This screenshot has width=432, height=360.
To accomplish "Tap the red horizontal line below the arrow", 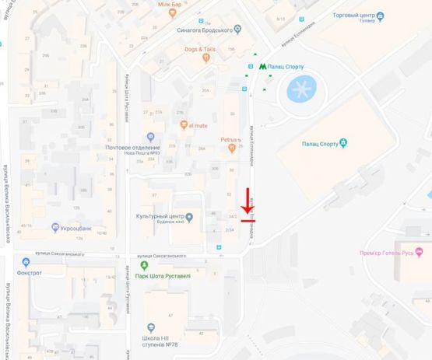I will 248,220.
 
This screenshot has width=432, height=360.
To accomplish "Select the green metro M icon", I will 261,68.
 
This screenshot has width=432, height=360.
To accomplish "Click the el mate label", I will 196,124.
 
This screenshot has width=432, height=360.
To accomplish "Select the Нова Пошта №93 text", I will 139,152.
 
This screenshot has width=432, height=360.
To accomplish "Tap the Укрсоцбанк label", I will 78,228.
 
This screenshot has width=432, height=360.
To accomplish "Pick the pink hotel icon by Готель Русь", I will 420,250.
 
